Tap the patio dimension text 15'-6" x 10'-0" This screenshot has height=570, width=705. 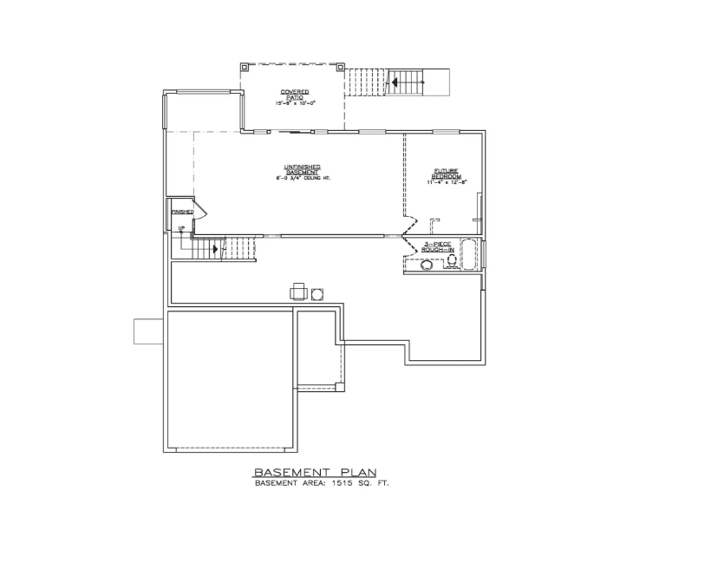295,102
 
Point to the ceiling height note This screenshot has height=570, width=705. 304,178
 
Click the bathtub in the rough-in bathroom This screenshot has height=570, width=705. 469,255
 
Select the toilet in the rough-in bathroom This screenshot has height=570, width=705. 450,263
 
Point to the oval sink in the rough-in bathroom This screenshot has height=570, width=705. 428,265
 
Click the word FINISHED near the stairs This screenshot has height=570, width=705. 182,212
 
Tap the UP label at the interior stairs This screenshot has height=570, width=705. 181,229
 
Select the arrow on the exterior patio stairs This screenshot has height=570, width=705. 395,83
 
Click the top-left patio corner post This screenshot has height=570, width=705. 245,66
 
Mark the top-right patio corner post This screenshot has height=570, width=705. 340,66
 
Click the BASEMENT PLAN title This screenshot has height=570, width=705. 315,472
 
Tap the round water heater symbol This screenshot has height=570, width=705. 317,292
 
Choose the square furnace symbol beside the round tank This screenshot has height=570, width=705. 298,292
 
